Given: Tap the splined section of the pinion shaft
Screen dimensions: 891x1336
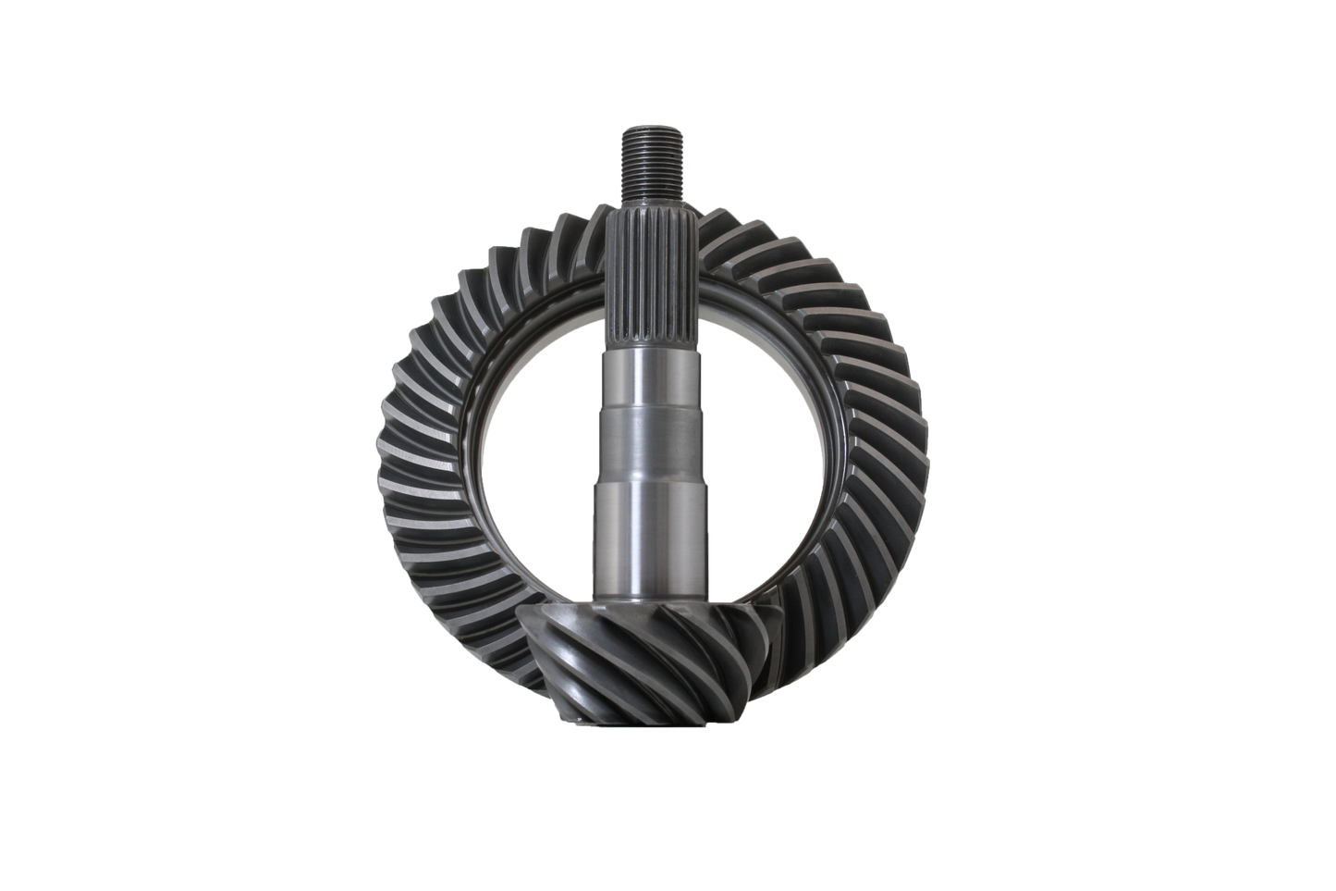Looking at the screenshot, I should tap(637, 278).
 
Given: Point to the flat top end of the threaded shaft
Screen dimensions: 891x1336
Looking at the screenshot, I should tap(638, 131).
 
